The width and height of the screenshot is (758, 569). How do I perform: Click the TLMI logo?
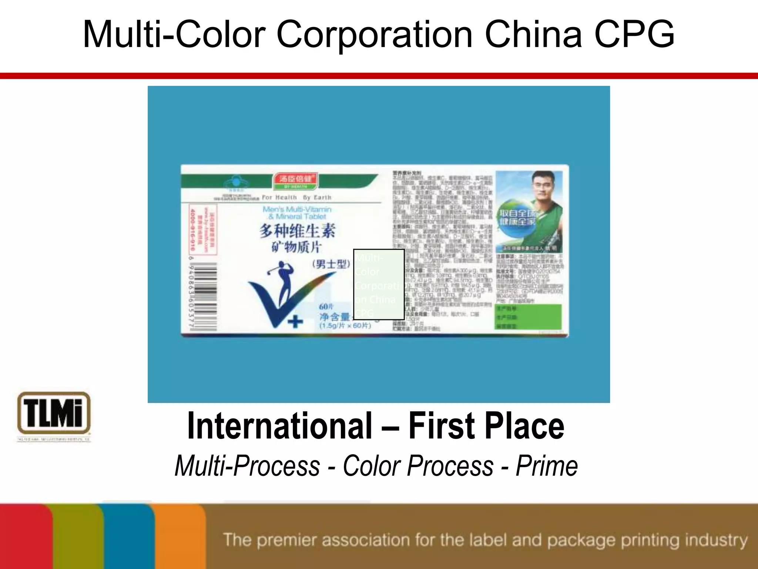tap(54, 413)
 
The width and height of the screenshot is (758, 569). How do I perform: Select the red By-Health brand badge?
tap(295, 181)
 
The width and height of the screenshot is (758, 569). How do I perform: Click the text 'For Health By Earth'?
tap(296, 197)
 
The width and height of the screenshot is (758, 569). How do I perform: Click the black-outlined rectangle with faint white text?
tap(379, 284)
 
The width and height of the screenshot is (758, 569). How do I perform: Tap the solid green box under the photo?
tap(529, 316)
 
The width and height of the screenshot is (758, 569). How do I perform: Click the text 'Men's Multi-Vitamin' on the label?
tap(297, 209)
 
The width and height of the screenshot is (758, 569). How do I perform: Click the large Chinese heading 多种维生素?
tap(297, 231)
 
